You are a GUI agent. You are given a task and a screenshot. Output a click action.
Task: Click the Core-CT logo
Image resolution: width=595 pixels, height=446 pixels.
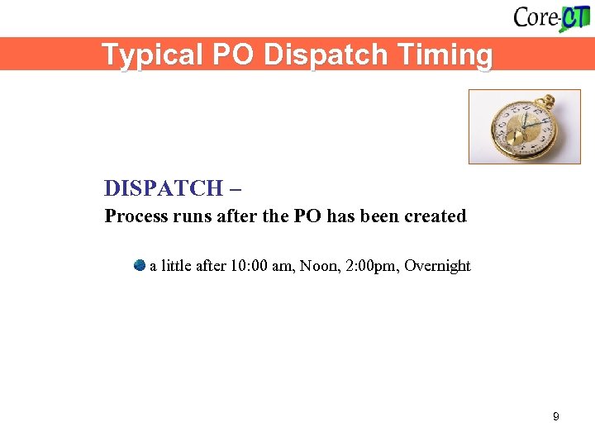551,17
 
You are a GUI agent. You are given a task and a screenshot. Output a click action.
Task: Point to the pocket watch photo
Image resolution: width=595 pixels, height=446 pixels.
524,126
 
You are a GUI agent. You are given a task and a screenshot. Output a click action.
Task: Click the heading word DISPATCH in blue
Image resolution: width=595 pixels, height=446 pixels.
164,188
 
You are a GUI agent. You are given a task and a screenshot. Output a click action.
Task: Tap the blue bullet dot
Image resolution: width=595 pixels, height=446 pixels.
139,265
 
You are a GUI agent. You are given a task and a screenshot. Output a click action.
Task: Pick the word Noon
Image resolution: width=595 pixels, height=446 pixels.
318,266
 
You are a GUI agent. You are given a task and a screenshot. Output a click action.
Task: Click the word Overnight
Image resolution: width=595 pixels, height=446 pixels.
437,266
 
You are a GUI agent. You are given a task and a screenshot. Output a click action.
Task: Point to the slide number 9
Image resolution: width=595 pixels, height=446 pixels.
555,416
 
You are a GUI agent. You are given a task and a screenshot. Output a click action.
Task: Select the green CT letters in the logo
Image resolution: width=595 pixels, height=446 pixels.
575,17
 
